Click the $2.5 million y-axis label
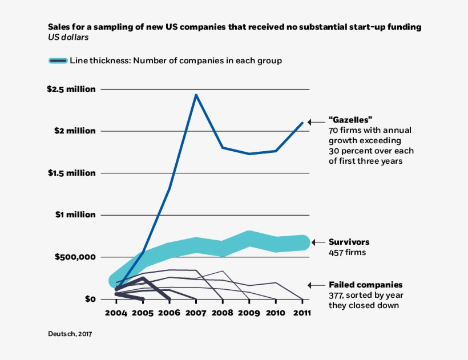(71, 90)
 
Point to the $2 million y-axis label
(76, 131)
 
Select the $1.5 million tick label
(71, 173)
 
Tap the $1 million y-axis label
(76, 215)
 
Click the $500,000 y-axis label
(75, 257)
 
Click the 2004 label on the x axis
(116, 313)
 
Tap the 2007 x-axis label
(196, 313)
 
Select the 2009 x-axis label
(249, 313)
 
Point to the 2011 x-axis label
(302, 313)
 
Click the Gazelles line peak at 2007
(196, 95)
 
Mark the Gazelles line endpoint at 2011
(302, 123)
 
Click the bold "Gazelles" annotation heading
(350, 120)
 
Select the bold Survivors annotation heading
(349, 242)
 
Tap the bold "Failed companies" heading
(365, 285)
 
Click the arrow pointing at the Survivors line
(317, 242)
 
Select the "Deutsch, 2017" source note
(70, 334)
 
